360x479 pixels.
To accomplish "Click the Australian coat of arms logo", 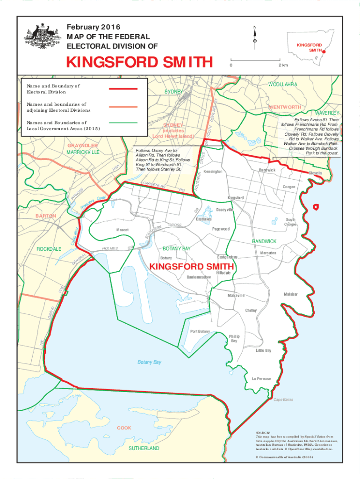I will point(43,36).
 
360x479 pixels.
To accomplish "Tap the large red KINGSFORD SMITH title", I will point(139,62).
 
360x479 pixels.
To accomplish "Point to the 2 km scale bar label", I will point(283,65).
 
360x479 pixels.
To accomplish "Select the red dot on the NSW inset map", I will point(324,52).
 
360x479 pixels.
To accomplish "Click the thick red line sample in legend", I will point(123,89).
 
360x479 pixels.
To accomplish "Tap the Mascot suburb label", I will point(122,230).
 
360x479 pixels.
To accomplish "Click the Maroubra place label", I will point(268,253).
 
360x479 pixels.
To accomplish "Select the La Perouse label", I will point(261,378).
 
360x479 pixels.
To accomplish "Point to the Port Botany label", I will point(200,331).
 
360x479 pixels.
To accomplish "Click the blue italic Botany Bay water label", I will point(149,362).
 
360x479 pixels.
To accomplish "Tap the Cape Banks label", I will point(283,399).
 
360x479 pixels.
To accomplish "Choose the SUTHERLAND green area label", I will point(144,448).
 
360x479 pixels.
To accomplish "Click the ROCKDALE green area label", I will point(49,249).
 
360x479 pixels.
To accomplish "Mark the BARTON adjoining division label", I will point(46,216).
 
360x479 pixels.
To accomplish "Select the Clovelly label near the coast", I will point(315,173).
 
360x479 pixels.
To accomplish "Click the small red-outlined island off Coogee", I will point(316,206).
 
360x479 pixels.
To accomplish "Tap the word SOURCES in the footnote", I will point(263,434).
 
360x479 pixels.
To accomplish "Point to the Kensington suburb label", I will point(213,172).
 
